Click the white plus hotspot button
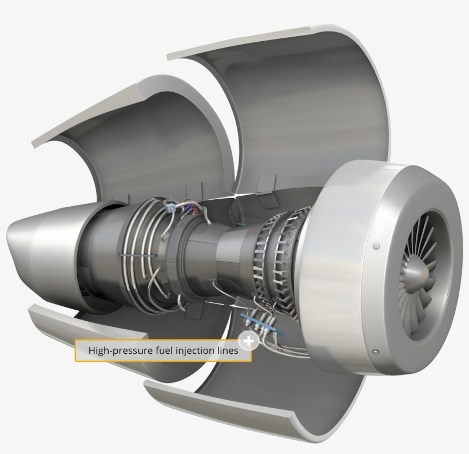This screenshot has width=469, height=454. tap(248, 341)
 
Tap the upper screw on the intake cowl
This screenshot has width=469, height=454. tap(376, 246)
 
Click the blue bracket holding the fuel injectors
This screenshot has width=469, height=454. tap(263, 323)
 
